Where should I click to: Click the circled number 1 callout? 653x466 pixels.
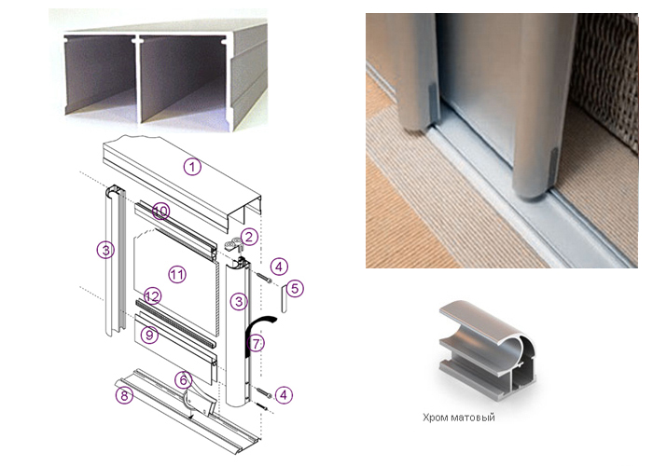pos(192,167)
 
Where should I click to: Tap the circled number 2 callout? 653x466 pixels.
pos(249,237)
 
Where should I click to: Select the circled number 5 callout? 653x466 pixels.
pos(295,288)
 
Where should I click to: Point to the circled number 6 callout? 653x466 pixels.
pos(183,380)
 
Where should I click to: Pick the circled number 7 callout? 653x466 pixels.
pos(256,344)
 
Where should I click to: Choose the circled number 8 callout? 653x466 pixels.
pos(124,395)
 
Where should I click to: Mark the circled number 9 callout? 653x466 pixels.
pos(149,334)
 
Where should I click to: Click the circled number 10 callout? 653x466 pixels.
pos(160,212)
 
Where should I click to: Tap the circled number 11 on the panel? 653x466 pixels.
pos(177,275)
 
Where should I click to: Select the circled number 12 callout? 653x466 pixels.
pos(152,296)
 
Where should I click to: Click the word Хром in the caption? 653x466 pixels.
pos(434,418)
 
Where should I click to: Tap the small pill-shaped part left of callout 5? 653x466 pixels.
pos(284,298)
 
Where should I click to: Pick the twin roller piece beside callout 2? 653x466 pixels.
pos(233,245)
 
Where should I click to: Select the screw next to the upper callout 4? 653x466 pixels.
pos(264,277)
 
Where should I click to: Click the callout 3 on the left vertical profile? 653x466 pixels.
pos(105,251)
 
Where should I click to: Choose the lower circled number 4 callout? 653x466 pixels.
pos(284,395)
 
